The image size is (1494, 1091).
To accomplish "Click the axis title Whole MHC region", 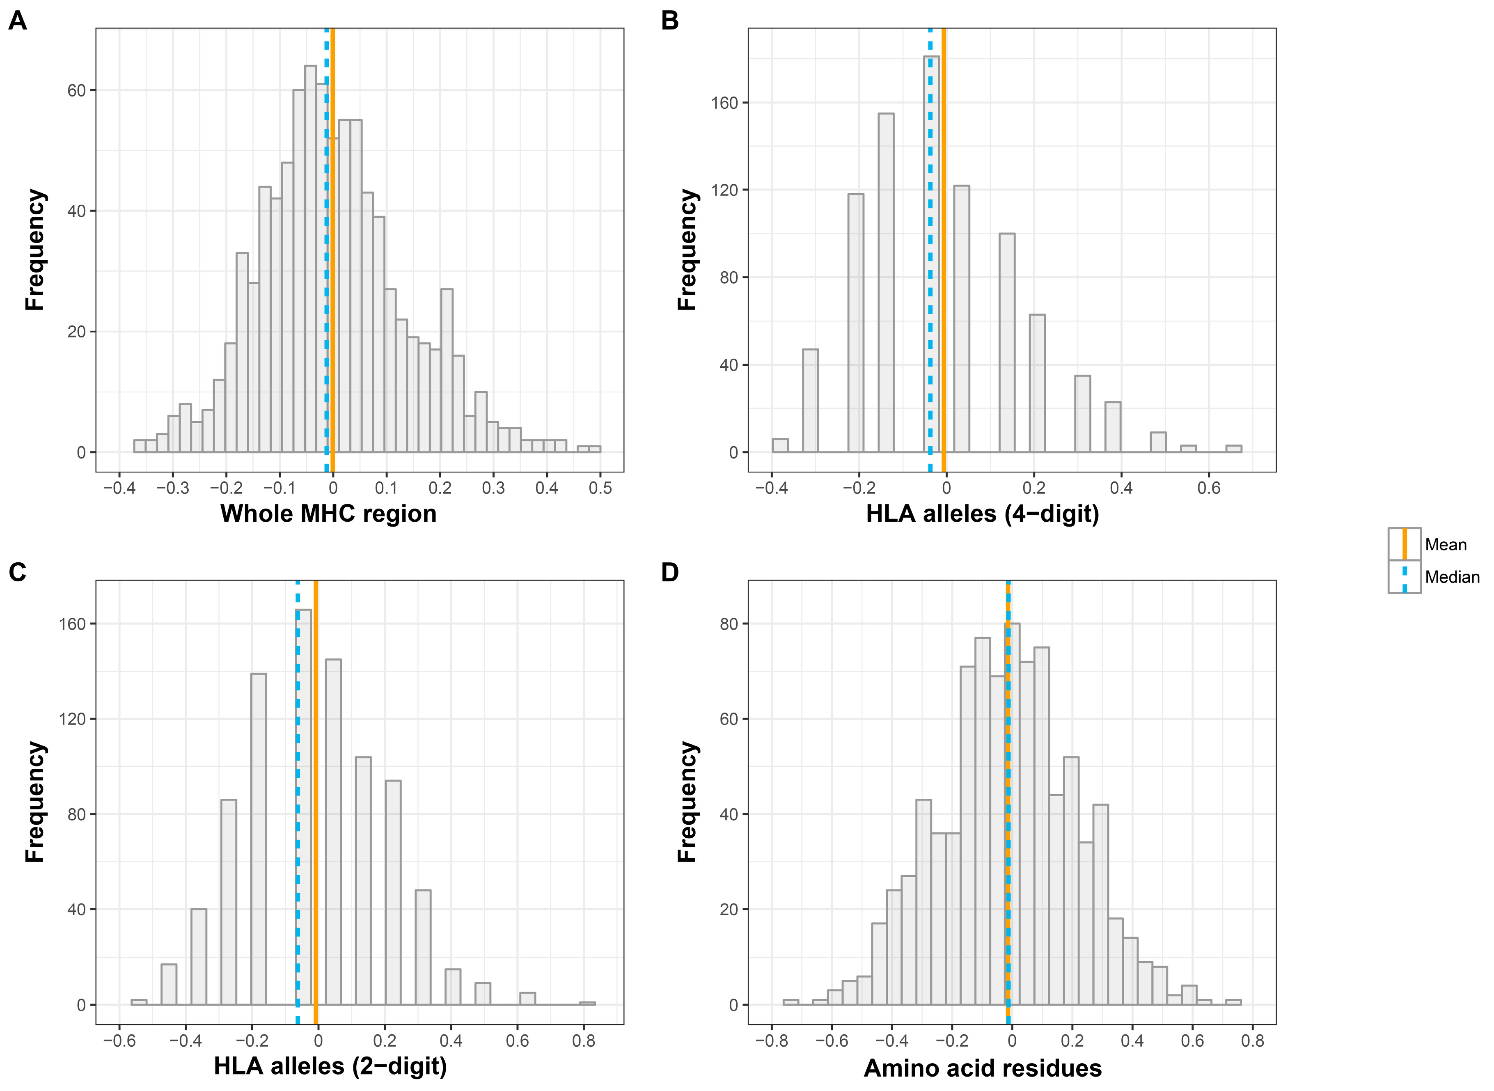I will click(328, 514).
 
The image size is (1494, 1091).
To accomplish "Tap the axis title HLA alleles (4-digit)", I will click(982, 514).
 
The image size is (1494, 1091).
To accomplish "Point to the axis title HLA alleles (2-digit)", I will click(330, 1066).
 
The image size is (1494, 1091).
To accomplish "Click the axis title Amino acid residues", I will click(982, 1068).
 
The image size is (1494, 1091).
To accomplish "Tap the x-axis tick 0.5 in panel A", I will click(600, 489).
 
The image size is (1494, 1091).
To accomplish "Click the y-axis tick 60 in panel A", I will click(77, 90).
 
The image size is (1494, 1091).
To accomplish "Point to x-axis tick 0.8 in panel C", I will click(584, 1041).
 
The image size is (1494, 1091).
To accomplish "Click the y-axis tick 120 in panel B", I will click(724, 190).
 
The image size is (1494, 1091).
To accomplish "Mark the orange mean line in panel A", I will click(333, 264).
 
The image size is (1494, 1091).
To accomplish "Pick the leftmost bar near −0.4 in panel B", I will click(780, 446).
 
